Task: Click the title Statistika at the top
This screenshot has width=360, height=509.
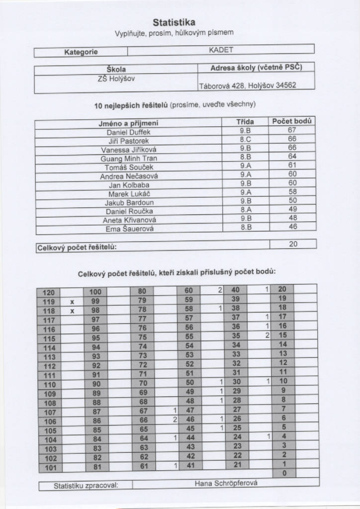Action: click(x=174, y=22)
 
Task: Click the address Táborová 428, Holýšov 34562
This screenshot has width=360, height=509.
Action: click(x=247, y=85)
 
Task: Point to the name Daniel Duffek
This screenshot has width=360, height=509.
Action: click(x=128, y=132)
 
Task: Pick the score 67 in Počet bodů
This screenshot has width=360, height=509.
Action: click(x=292, y=130)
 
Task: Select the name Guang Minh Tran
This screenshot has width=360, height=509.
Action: click(x=128, y=159)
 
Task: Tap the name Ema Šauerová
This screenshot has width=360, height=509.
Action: click(x=130, y=229)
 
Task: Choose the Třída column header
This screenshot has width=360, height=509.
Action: click(x=245, y=122)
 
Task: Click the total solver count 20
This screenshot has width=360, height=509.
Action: click(x=293, y=244)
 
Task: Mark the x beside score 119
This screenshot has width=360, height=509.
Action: click(x=72, y=302)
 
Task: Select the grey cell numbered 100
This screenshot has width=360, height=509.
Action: click(x=95, y=292)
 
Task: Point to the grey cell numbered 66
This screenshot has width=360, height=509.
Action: click(x=142, y=421)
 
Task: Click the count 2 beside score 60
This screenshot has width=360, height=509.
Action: click(x=219, y=290)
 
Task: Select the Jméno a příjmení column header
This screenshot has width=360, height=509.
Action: click(x=128, y=123)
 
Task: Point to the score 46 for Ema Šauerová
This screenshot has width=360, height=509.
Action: click(x=292, y=227)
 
